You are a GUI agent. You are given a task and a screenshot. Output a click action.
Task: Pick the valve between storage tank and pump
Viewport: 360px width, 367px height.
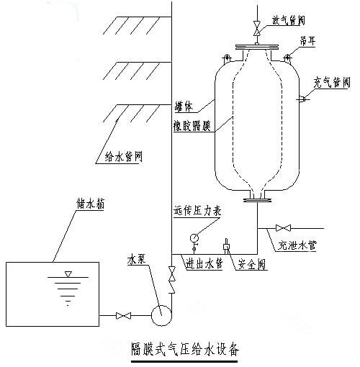[124, 314]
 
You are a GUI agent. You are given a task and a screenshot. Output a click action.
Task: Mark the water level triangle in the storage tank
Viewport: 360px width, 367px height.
[68, 274]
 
